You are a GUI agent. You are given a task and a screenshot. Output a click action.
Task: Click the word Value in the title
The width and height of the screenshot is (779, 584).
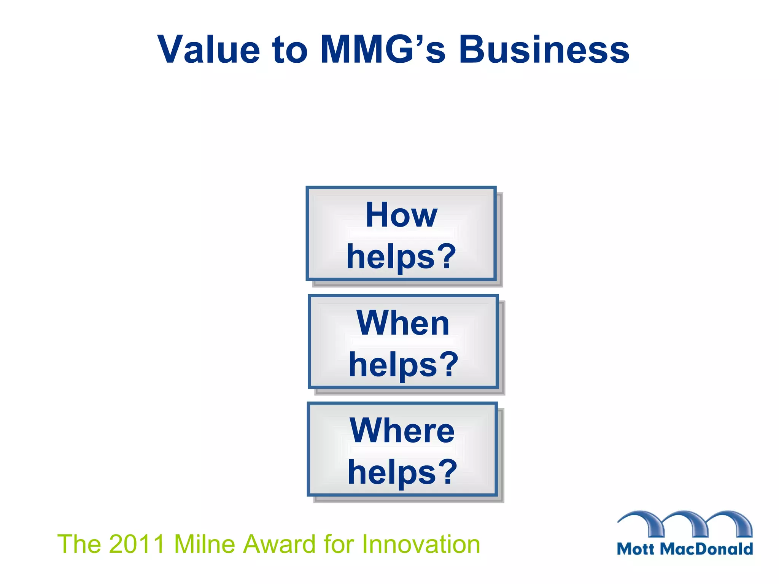208,49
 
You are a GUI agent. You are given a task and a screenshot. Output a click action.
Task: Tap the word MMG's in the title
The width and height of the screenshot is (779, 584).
382,49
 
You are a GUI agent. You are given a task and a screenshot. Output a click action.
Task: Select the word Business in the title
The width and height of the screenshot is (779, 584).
544,49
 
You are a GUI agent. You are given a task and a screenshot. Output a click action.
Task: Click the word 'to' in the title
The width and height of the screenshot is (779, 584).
290,49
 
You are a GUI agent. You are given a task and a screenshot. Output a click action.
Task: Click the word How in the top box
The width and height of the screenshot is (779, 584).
401,215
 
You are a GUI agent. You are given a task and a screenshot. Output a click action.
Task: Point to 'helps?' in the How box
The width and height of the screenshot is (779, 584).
401,257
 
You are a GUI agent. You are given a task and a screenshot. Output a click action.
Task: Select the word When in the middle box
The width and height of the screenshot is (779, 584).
403,323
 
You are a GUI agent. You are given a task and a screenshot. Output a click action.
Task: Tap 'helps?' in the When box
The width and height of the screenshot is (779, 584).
404,365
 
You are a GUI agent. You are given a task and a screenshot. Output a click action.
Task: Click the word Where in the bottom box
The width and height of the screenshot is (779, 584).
402,430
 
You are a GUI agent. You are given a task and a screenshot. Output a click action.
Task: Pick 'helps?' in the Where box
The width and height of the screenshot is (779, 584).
402,472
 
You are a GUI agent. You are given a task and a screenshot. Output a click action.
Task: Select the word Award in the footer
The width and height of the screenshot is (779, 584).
280,544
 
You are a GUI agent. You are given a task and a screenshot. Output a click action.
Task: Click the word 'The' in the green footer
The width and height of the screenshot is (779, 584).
79,544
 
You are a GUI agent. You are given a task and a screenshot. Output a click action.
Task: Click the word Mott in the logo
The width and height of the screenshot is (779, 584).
636,549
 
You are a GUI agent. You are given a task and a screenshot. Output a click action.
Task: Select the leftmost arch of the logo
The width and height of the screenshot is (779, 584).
643,521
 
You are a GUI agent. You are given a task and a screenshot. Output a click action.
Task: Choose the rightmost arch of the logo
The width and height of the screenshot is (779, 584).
732,521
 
